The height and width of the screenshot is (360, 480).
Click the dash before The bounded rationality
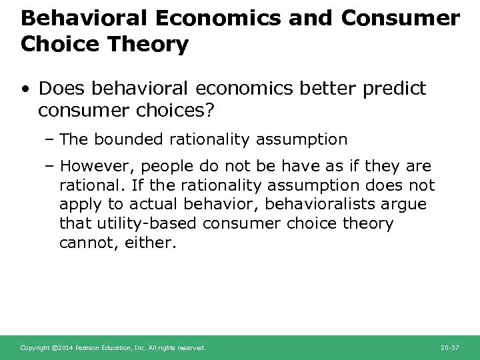(x=51, y=139)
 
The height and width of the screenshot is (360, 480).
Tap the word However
(x=90, y=165)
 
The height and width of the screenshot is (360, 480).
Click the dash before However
(x=51, y=165)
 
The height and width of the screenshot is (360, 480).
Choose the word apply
(x=78, y=204)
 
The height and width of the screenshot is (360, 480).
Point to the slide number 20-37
(x=451, y=348)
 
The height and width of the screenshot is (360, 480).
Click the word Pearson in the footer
(x=87, y=348)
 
